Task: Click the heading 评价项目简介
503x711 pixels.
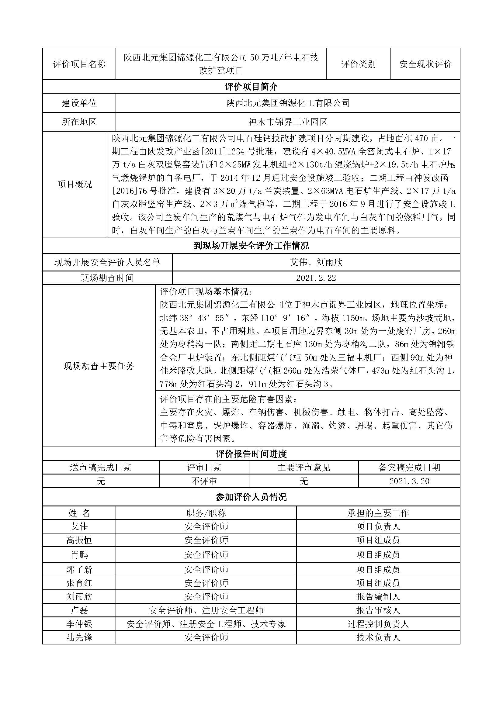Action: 251,87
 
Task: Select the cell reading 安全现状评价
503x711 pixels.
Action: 425,64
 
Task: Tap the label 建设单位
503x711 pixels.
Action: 79,103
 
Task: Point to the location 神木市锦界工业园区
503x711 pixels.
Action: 288,122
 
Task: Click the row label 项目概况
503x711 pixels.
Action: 75,184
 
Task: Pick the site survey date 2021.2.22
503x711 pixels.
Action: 316,278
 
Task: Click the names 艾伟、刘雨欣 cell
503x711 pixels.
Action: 316,263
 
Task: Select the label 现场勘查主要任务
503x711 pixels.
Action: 99,366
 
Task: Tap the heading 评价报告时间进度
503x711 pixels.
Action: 251,454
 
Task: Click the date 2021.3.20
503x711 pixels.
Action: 409,481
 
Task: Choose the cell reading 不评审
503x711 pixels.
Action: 204,481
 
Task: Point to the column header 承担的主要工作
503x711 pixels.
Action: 378,513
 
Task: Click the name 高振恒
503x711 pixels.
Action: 79,540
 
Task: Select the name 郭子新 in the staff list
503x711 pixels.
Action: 79,569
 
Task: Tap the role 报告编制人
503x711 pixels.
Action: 378,597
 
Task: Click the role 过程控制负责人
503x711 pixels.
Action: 378,624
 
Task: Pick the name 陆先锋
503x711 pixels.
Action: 79,637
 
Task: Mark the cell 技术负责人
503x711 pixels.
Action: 378,637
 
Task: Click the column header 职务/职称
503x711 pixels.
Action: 206,513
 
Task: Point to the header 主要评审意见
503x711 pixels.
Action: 304,467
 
